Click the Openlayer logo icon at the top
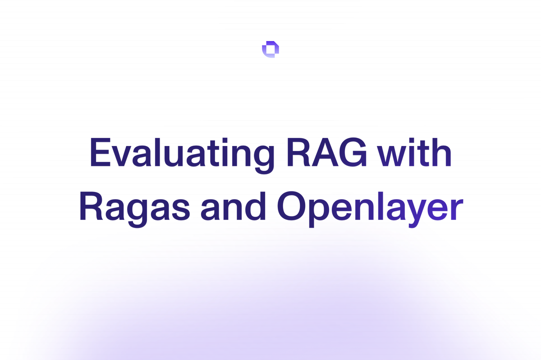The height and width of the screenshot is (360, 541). [x=270, y=50]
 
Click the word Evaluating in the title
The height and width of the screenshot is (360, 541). [x=182, y=155]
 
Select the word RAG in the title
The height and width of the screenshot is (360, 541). [x=326, y=152]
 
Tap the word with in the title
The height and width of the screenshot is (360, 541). [x=414, y=152]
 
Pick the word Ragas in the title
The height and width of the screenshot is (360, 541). [x=134, y=209]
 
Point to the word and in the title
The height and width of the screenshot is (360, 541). [x=234, y=206]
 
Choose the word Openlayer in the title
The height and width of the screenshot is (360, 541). [x=370, y=210]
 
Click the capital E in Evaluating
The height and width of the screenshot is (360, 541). [x=100, y=152]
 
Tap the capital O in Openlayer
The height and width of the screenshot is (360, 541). [x=292, y=206]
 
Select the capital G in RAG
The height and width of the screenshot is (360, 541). [x=353, y=152]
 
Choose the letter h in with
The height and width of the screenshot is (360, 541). [x=441, y=152]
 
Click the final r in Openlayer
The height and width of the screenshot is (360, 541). [x=457, y=210]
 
